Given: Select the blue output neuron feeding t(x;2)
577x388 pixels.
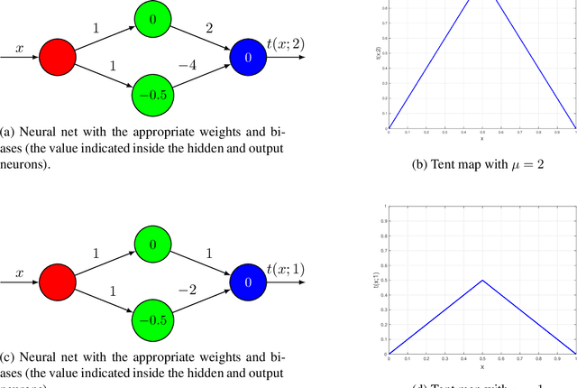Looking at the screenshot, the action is click(247, 60).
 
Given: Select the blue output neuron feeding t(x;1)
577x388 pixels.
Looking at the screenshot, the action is click(247, 282).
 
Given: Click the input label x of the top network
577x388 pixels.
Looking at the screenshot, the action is click(19, 48).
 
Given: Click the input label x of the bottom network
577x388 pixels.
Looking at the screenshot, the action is click(19, 270).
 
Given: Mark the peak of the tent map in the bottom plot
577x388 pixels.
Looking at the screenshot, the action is click(481, 280).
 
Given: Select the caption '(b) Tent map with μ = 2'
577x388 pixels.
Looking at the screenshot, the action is click(481, 165).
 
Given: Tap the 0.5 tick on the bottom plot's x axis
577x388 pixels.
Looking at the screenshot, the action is click(481, 359).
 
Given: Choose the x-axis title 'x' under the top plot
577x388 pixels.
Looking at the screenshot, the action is click(481, 138).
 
